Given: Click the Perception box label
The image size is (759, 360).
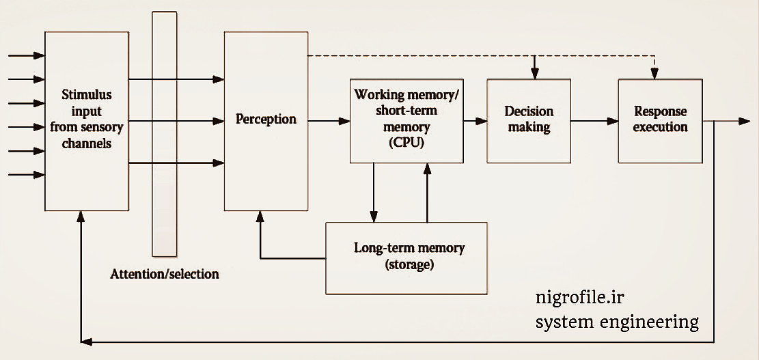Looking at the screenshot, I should [266, 119].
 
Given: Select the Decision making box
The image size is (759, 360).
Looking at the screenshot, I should [529, 120].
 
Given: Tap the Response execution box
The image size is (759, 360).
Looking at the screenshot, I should [660, 120].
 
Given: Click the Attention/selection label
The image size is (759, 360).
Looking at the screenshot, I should [165, 274].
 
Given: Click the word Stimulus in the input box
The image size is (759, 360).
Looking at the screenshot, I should [87, 94].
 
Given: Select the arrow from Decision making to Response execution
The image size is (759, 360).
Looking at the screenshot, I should [594, 121].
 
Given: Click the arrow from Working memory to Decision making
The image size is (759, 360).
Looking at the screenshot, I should [475, 121].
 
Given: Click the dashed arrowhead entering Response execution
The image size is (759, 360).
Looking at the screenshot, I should [654, 74].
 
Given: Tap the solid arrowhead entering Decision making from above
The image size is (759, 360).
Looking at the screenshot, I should [535, 73].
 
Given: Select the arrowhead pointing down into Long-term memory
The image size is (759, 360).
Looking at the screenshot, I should [374, 217].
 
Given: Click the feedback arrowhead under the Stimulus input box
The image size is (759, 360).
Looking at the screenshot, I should [81, 217].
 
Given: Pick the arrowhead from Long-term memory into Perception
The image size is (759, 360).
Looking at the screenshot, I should [260, 217].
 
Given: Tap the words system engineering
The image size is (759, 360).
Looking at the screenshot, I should [617, 321].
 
